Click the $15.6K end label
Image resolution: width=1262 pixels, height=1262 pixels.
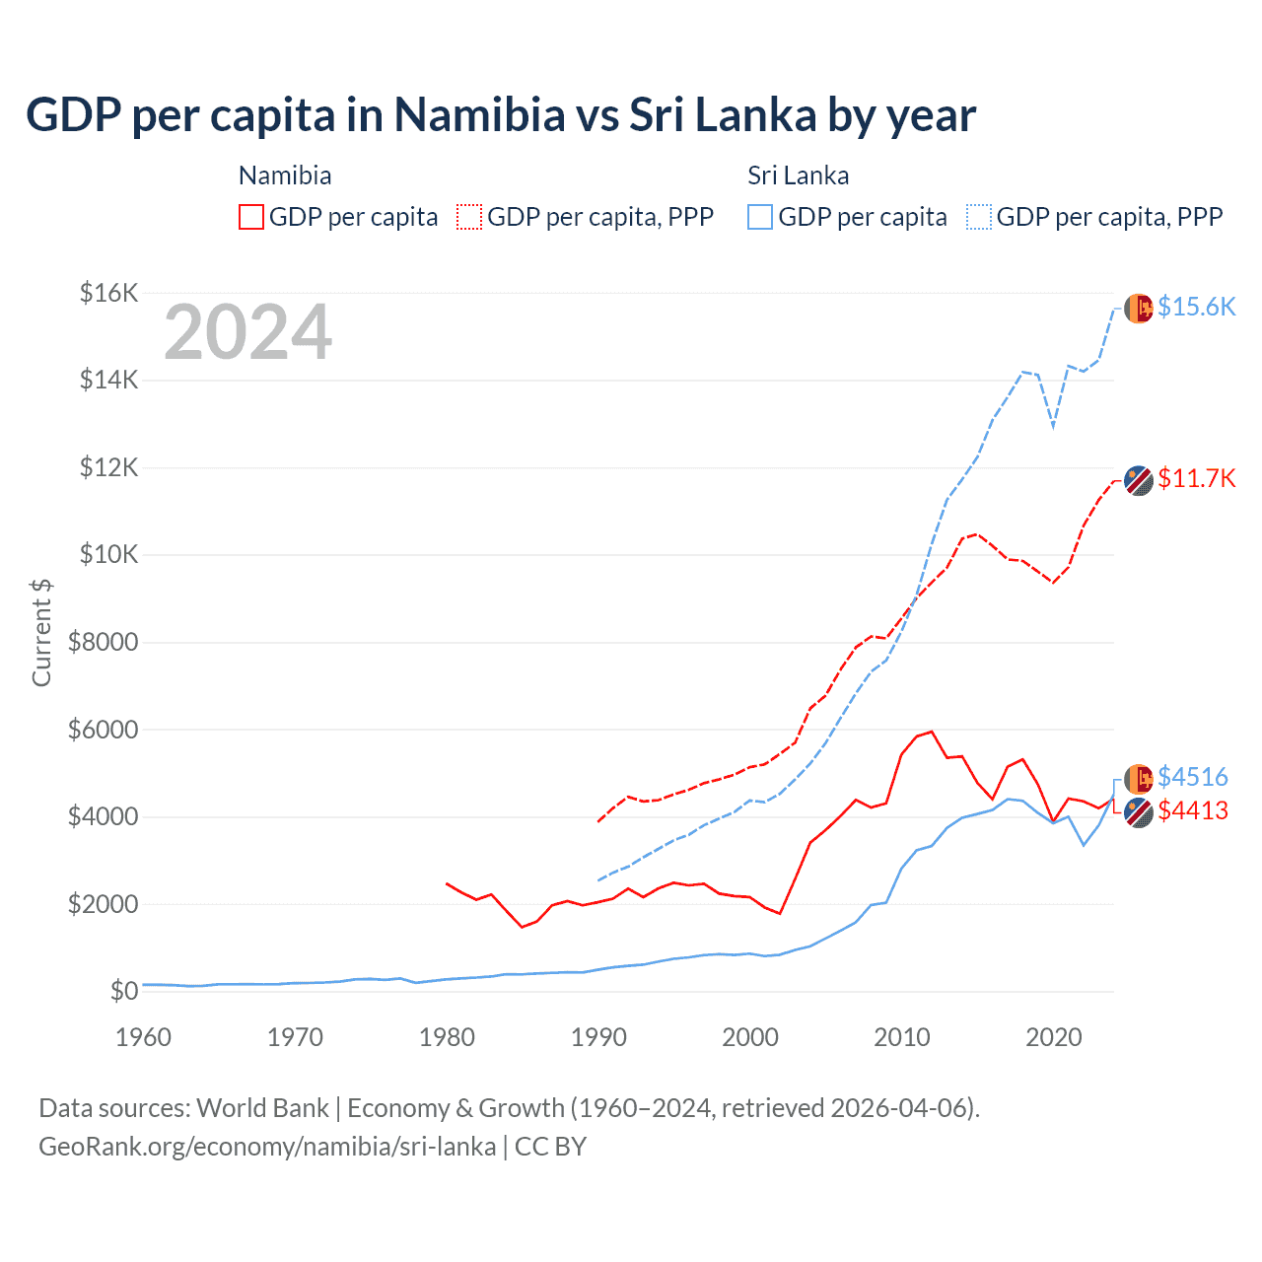coord(1196,307)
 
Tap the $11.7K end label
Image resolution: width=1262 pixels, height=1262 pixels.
coord(1196,478)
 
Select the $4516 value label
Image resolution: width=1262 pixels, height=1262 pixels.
coord(1192,777)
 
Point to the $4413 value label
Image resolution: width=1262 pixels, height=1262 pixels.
coord(1192,810)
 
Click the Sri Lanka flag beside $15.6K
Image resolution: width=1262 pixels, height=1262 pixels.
coord(1139,308)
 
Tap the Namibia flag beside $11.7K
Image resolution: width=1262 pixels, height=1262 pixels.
coord(1139,480)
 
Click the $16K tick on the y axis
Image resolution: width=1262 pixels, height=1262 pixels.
coord(108,293)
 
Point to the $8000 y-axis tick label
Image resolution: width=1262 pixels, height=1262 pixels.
coord(103,643)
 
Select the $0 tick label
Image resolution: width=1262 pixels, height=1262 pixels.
coord(123,991)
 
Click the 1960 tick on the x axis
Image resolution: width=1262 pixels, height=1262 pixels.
coord(144,1037)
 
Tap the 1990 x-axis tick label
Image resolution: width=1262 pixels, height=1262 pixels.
coord(598,1037)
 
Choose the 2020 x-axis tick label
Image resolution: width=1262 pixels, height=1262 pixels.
coord(1054,1037)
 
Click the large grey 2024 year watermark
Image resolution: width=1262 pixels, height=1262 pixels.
coord(247,332)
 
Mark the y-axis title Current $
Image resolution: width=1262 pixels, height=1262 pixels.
coord(41,633)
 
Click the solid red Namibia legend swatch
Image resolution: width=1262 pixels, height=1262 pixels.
coord(251,217)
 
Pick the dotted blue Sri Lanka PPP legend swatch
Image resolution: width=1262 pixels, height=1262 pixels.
coord(979,217)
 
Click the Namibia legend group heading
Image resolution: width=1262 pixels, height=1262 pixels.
coord(285,175)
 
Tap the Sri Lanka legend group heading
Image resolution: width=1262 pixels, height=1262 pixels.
coord(798,175)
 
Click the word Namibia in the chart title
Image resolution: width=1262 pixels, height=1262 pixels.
coord(479,114)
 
